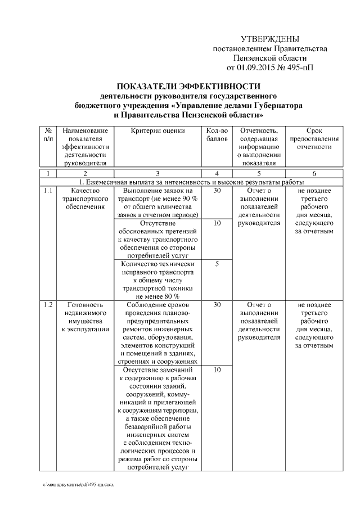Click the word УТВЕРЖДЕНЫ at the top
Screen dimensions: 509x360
269,39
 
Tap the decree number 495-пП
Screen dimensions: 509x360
301,68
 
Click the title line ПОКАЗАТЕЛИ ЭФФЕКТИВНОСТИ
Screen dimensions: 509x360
188,86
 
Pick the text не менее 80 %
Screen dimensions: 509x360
157,295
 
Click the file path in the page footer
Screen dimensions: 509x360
78,484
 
